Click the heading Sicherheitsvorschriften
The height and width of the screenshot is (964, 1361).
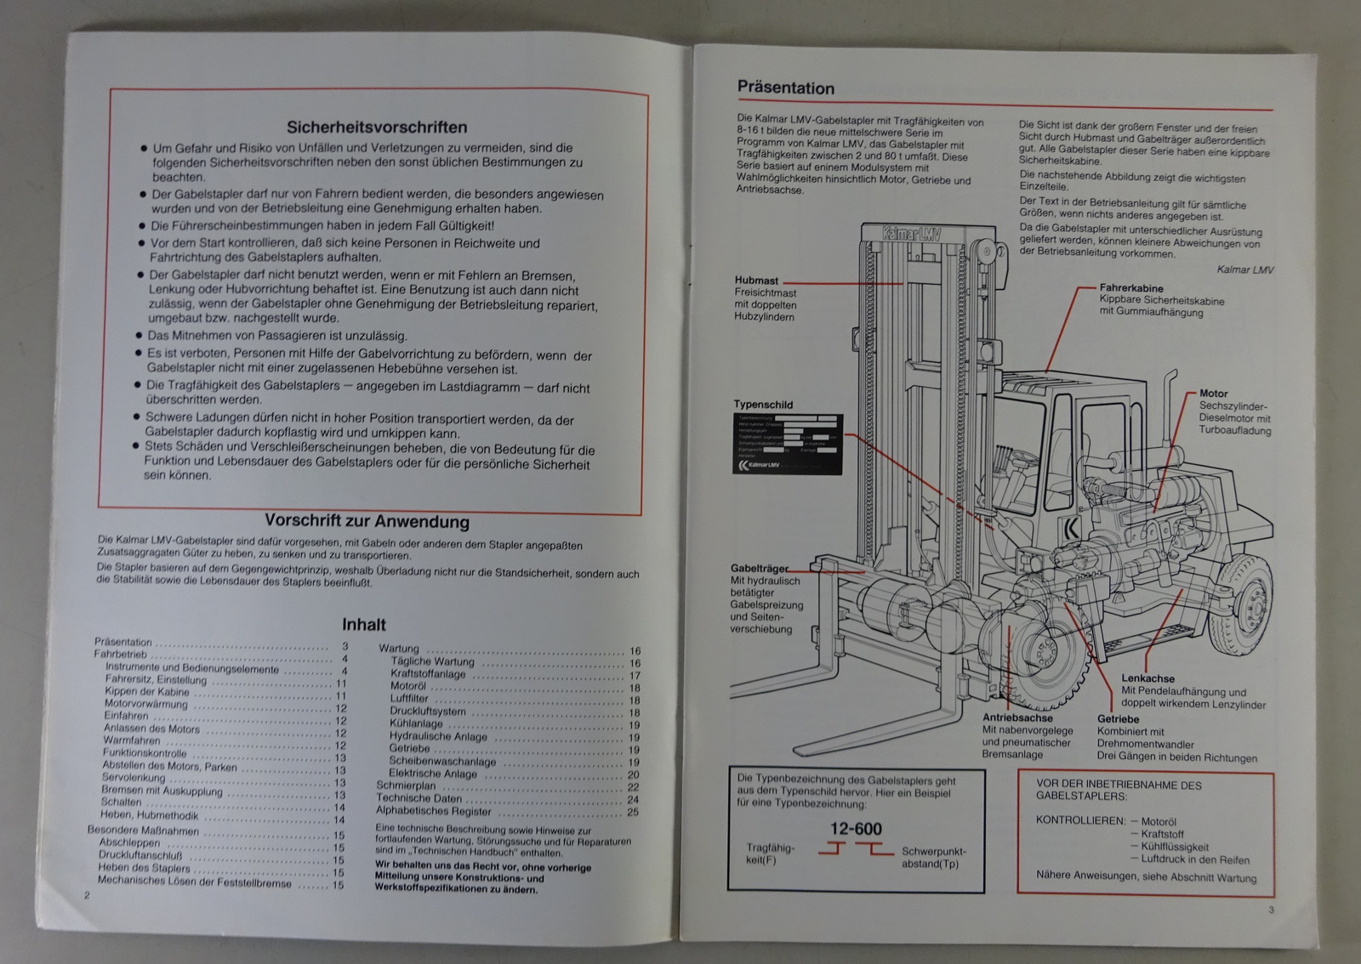[x=377, y=128]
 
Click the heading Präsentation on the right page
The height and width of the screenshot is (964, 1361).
[x=785, y=88]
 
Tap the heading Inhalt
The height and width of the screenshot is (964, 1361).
[x=363, y=625]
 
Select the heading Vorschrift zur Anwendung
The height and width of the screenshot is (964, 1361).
[x=367, y=521]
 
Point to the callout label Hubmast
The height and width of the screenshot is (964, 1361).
[x=756, y=281]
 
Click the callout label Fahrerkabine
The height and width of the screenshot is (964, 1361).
[x=1130, y=288]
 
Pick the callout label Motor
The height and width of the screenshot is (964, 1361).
[x=1213, y=394]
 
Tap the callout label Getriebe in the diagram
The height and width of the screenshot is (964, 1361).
[x=1118, y=719]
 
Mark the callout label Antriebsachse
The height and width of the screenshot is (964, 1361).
[x=1017, y=717]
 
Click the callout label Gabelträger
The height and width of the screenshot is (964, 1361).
[x=759, y=569]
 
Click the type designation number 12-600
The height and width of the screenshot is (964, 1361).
[x=856, y=829]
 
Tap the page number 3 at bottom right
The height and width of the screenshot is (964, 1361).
[x=1271, y=910]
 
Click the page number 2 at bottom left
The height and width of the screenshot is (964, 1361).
[x=86, y=895]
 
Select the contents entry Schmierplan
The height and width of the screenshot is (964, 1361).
[x=406, y=786]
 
